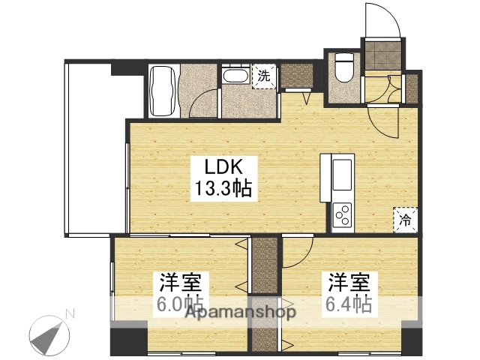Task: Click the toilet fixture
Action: click(x=344, y=67)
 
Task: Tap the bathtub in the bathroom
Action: click(x=163, y=91)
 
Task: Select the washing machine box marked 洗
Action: click(x=263, y=76)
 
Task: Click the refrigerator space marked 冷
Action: click(x=404, y=220)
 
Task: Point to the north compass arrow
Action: click(x=47, y=334)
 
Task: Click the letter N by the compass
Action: click(x=69, y=313)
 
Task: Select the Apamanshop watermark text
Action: click(x=241, y=311)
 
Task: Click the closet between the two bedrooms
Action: click(x=264, y=292)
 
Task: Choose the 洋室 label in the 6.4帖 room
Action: click(x=349, y=284)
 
